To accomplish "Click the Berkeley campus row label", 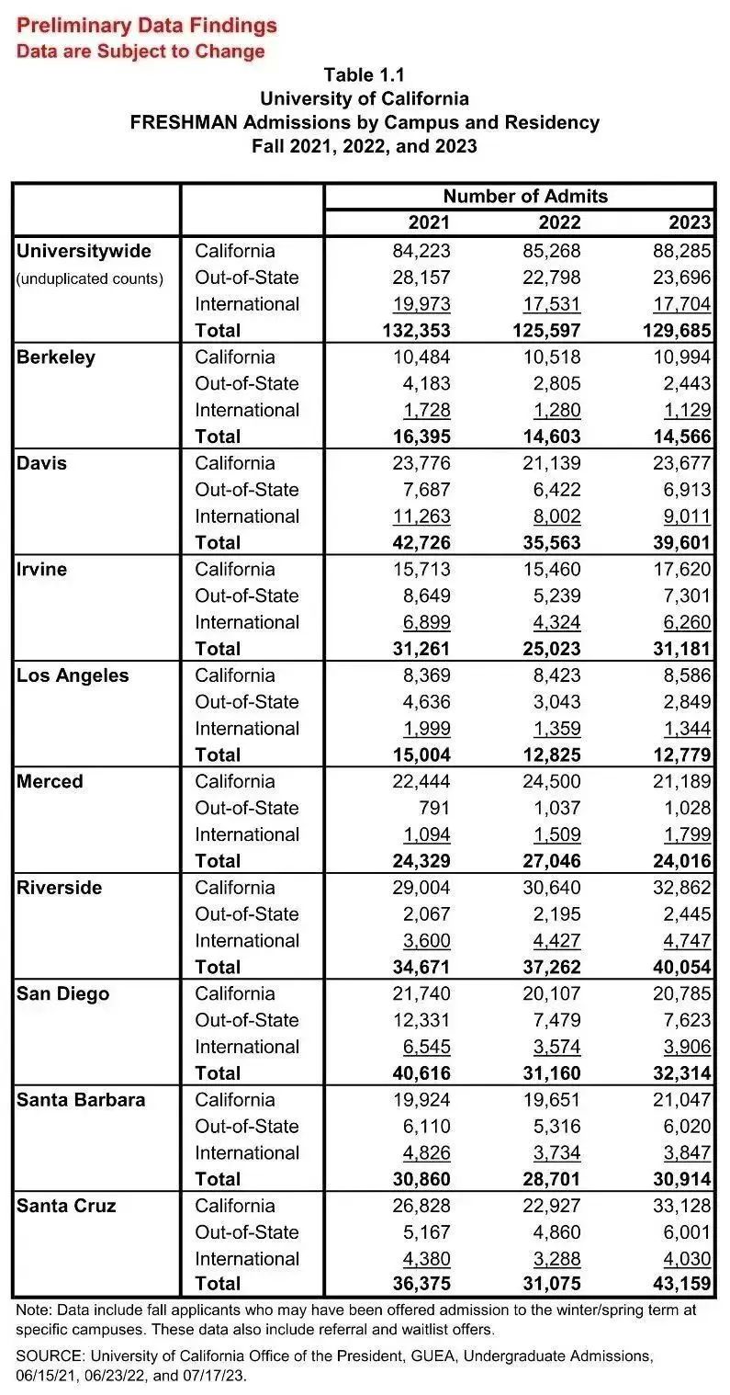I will pyautogui.click(x=56, y=357).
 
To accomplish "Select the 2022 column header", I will pyautogui.click(x=559, y=223).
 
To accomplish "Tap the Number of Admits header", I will pyautogui.click(x=524, y=196).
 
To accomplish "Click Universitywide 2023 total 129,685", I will pyautogui.click(x=670, y=330).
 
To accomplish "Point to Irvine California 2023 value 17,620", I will pyautogui.click(x=678, y=570).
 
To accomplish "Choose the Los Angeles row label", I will pyautogui.click(x=73, y=675).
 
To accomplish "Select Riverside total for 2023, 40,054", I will pyautogui.click(x=678, y=967).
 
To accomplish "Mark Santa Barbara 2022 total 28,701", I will pyautogui.click(x=547, y=1179).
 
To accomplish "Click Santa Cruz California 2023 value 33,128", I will pyautogui.click(x=678, y=1206).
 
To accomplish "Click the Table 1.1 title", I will pyautogui.click(x=364, y=75).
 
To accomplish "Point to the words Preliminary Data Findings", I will pyautogui.click(x=147, y=26).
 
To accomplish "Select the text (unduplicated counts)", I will pyautogui.click(x=89, y=278).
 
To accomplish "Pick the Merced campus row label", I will pyautogui.click(x=50, y=782).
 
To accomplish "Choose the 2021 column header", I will pyautogui.click(x=429, y=223).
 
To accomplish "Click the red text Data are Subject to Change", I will pyautogui.click(x=140, y=51).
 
